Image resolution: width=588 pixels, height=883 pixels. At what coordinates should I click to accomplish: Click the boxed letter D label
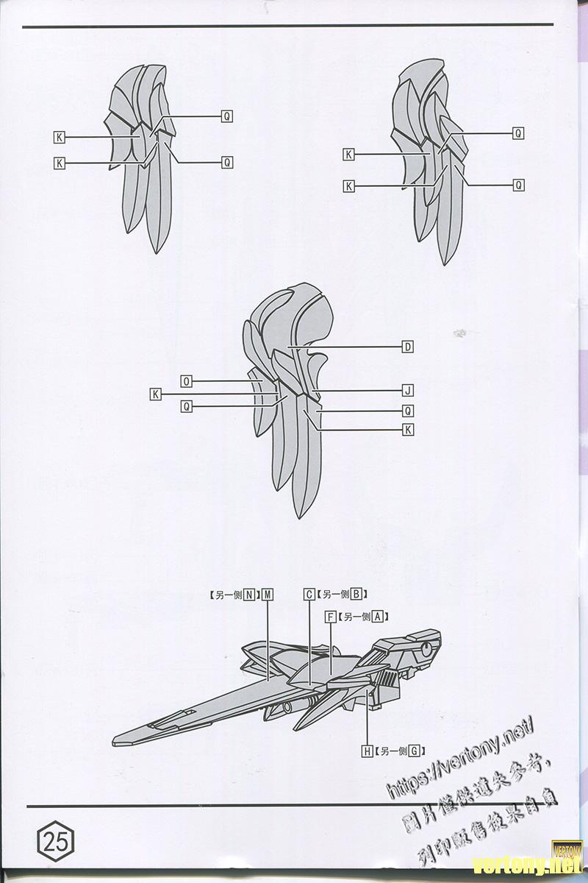click(x=407, y=347)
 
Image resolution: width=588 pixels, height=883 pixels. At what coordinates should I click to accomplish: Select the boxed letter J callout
click(x=407, y=390)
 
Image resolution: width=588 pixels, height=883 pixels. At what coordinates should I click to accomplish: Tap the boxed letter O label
click(x=187, y=381)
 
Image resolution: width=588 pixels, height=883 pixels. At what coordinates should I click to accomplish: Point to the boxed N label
click(x=250, y=595)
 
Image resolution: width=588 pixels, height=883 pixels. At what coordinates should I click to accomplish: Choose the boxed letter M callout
click(x=267, y=595)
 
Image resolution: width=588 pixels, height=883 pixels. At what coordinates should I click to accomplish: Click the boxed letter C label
click(x=309, y=595)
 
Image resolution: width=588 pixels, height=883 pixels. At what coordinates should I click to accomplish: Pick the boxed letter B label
click(x=356, y=595)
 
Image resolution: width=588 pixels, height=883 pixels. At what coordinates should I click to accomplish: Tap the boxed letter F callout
click(x=331, y=617)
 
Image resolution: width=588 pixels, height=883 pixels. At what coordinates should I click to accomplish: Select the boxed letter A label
click(x=378, y=617)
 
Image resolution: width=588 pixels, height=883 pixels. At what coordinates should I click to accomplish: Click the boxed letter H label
click(x=367, y=751)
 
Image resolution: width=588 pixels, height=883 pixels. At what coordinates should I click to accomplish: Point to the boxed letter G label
click(x=414, y=751)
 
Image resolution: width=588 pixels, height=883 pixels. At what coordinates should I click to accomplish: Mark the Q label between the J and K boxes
click(x=407, y=410)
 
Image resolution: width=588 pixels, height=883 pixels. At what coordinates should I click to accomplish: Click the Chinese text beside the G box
click(x=391, y=751)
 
